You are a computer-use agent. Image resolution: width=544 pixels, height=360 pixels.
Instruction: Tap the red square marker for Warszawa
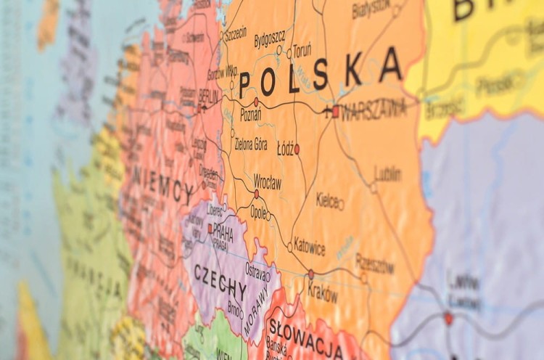pos(335,112)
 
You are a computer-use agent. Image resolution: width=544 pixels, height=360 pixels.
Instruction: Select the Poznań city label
pos(250,115)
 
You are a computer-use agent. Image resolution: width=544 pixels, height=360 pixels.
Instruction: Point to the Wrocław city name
pos(267,182)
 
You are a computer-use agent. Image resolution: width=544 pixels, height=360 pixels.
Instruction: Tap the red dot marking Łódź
pos(297,149)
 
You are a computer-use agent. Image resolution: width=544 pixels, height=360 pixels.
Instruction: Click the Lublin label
pos(388,174)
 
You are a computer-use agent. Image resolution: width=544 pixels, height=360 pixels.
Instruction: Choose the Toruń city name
pos(302,50)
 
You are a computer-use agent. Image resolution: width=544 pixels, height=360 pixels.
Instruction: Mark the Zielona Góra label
pos(251,143)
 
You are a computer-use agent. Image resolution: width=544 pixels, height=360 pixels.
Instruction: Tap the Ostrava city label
pos(255,269)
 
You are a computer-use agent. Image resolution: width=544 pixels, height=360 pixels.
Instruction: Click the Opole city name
pos(257,211)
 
